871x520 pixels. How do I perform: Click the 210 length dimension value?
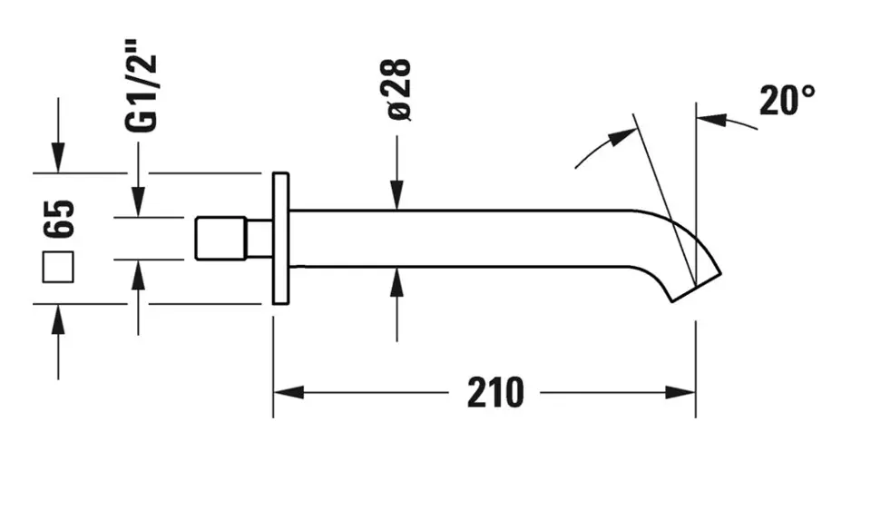tap(495, 393)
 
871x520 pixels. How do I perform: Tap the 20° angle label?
tap(788, 101)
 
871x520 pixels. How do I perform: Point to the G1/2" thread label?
tap(142, 86)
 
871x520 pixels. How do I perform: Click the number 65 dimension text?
tap(58, 219)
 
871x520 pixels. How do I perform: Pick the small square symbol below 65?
tap(58, 267)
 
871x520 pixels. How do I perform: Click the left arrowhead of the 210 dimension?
tap(289, 392)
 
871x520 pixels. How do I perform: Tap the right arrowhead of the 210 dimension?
tap(680, 392)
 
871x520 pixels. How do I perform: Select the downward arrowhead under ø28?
tap(396, 195)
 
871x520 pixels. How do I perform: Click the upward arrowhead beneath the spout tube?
tap(396, 282)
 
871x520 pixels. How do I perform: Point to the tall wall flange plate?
tap(280, 239)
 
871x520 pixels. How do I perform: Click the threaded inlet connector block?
tap(220, 238)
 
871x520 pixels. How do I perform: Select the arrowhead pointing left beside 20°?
tap(711, 120)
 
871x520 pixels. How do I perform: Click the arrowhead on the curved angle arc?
tap(622, 137)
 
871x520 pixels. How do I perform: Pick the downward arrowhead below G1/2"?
tap(138, 201)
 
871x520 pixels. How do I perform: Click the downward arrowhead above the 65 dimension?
tap(58, 158)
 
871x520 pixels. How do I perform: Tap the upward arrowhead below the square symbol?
tap(58, 319)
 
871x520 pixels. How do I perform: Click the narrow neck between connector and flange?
tap(259, 238)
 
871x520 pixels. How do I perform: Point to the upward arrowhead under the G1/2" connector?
tap(138, 274)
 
